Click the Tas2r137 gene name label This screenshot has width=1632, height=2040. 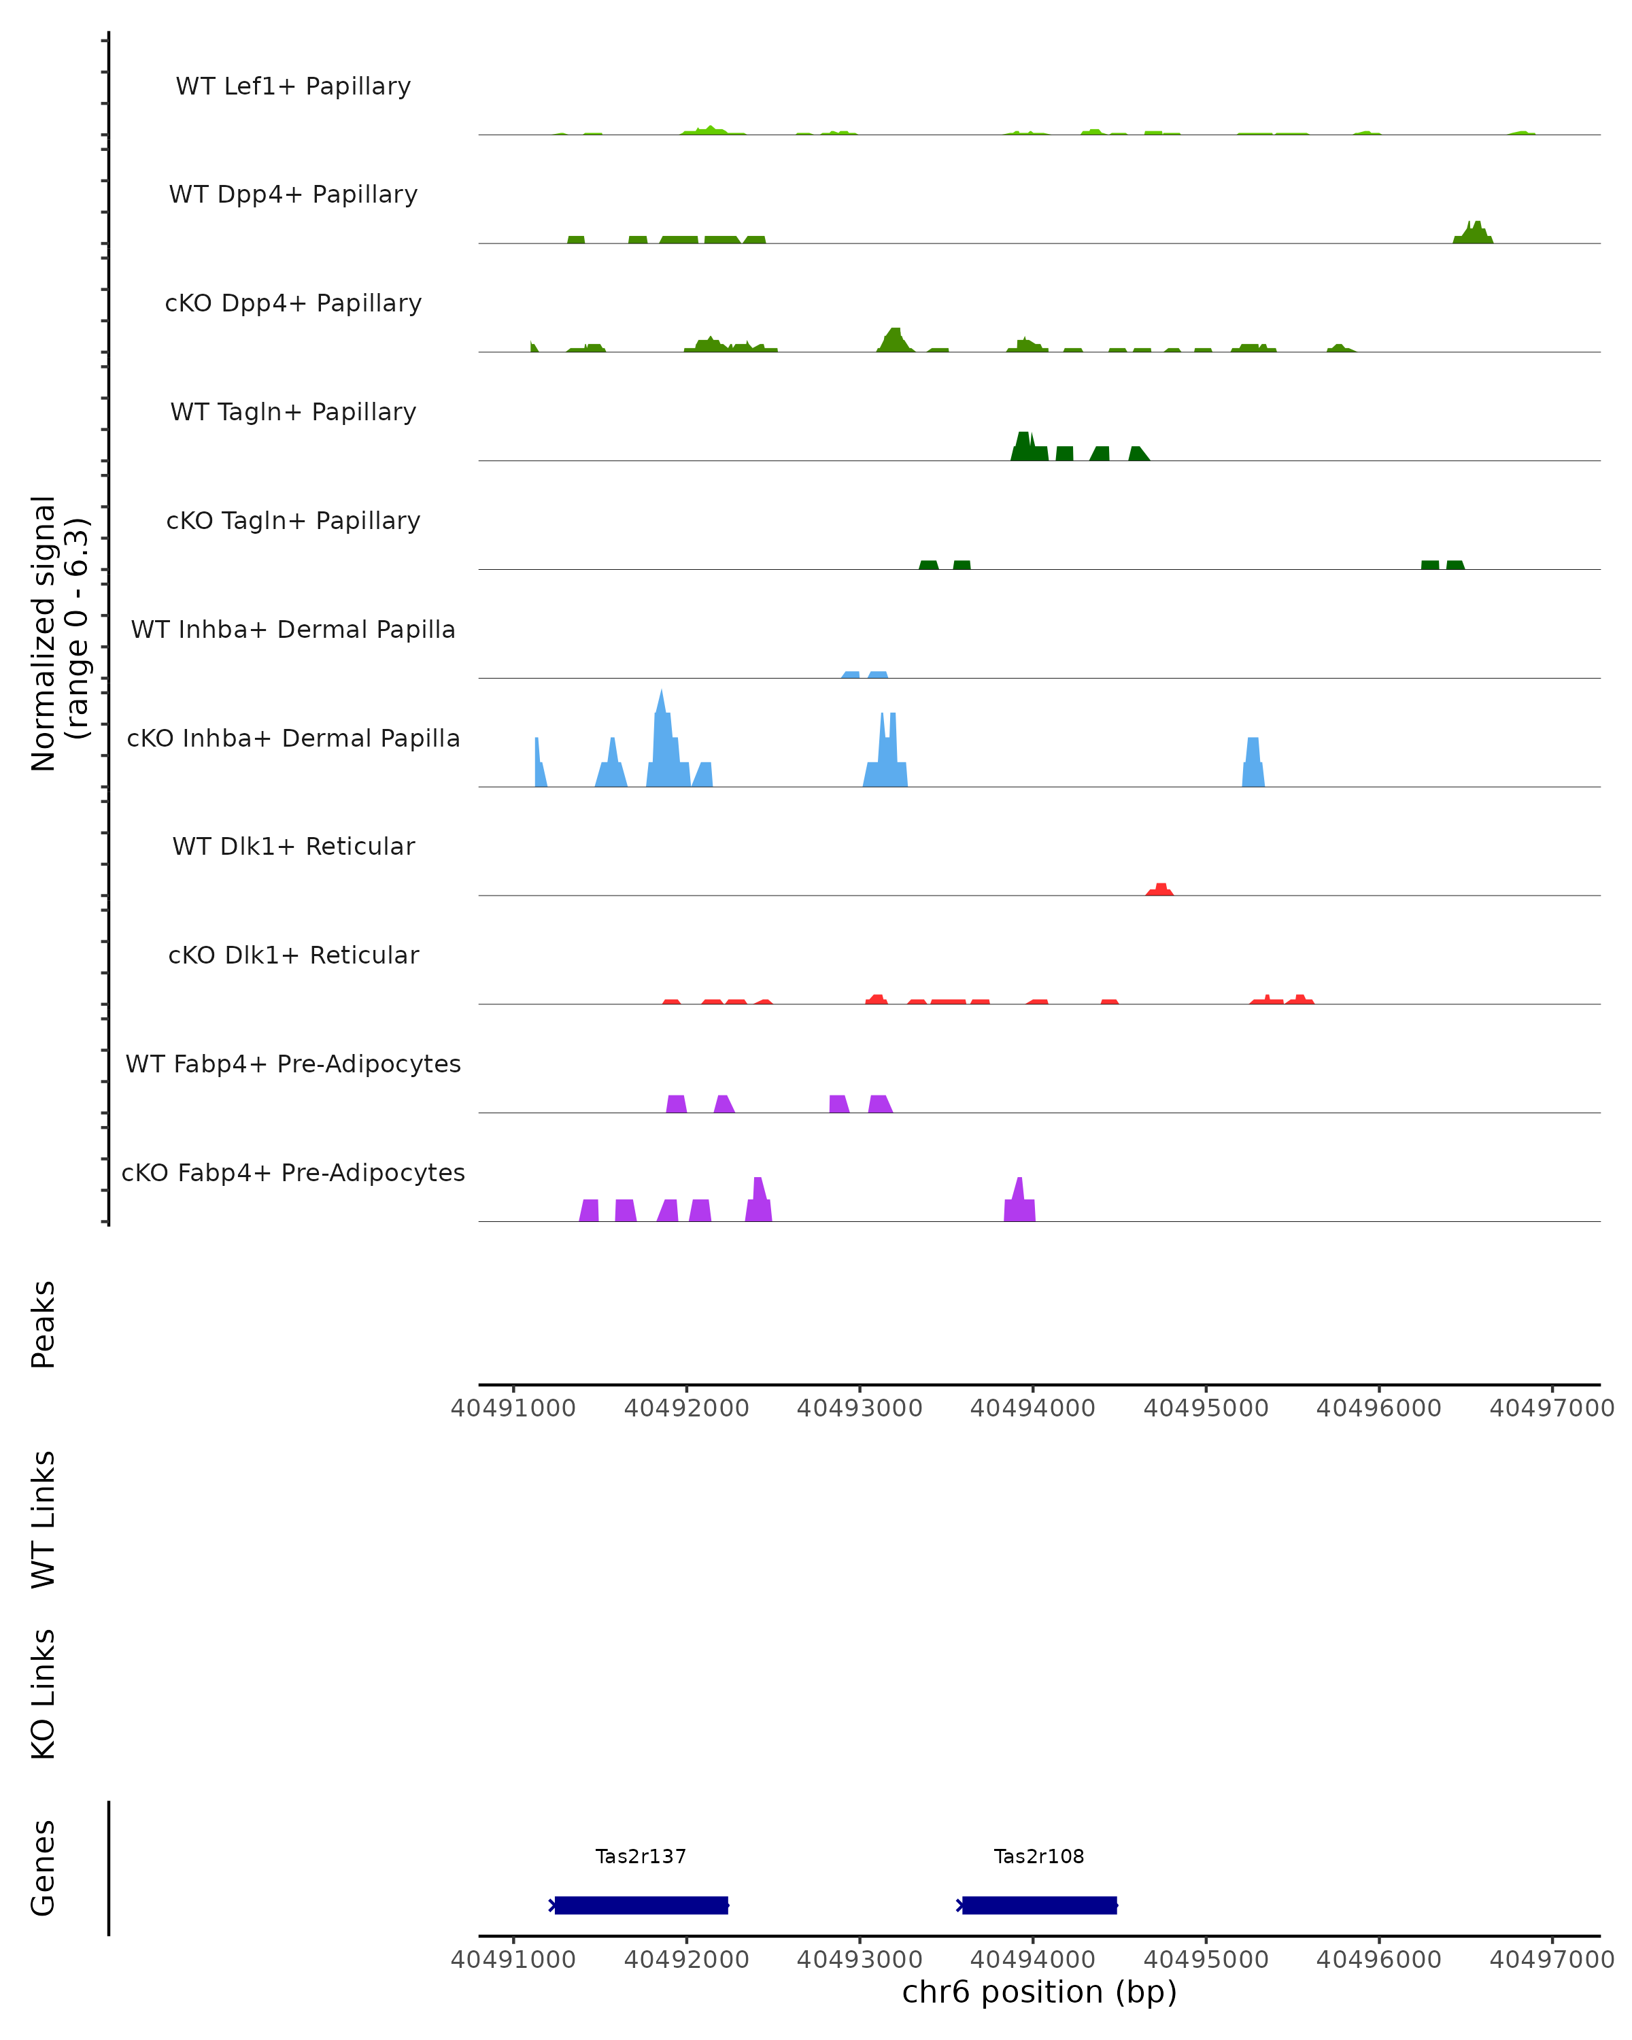pyautogui.click(x=641, y=1856)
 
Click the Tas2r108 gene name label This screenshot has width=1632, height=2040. pyautogui.click(x=1039, y=1856)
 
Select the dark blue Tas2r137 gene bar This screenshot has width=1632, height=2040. pyautogui.click(x=641, y=1905)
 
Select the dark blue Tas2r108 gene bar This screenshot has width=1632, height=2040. pyautogui.click(x=1039, y=1905)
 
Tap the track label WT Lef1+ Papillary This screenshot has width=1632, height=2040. pyautogui.click(x=293, y=86)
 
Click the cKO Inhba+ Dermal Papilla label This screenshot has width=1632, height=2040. pyautogui.click(x=293, y=738)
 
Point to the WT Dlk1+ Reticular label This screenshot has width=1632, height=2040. pyautogui.click(x=293, y=846)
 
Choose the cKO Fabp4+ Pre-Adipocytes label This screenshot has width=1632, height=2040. pyautogui.click(x=293, y=1172)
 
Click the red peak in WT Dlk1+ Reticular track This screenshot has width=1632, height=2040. pyautogui.click(x=1161, y=889)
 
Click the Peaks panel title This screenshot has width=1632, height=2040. pyautogui.click(x=44, y=1324)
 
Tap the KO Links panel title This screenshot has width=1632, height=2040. pyautogui.click(x=44, y=1694)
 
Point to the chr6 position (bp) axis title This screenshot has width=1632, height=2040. pyautogui.click(x=1039, y=1992)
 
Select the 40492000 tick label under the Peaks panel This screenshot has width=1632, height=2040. pyautogui.click(x=686, y=1408)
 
